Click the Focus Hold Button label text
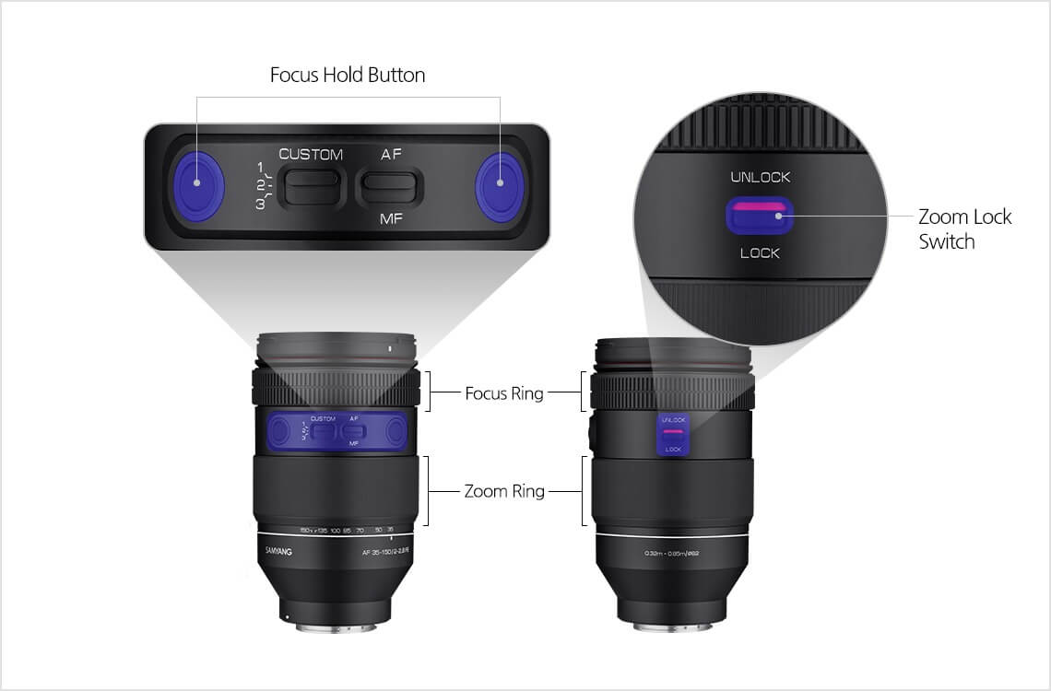(x=348, y=76)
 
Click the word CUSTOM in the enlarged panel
(x=311, y=154)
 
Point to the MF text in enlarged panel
(x=391, y=220)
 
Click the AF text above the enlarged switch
(x=391, y=154)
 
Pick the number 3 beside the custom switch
(x=261, y=204)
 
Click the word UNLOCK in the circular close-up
(x=761, y=177)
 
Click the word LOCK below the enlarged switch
(x=761, y=252)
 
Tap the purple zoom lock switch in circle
(x=761, y=216)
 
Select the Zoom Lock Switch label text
(x=963, y=228)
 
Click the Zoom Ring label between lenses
(x=504, y=491)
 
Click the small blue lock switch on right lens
(x=673, y=434)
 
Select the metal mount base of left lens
(x=337, y=627)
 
